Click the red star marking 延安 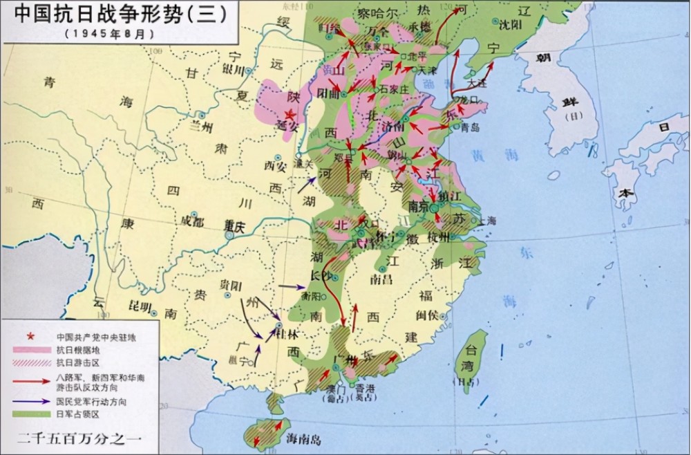pyautogui.click(x=290, y=115)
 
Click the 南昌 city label pyautogui.click(x=381, y=279)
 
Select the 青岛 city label pyautogui.click(x=470, y=127)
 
